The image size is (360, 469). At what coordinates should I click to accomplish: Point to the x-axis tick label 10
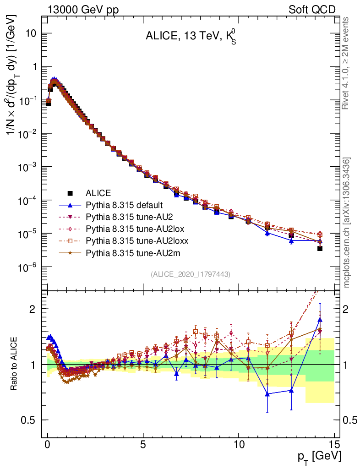[x=239, y=445]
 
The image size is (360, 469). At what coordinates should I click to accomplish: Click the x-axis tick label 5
[x=143, y=445]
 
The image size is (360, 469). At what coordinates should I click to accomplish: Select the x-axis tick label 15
[x=334, y=445]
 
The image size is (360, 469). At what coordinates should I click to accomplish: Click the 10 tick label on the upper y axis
[x=31, y=33]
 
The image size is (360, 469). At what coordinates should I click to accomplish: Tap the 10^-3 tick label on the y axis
[x=27, y=167]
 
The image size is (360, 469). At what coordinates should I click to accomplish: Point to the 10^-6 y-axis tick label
[x=27, y=267]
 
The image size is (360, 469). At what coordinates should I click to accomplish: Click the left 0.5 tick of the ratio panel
[x=30, y=420]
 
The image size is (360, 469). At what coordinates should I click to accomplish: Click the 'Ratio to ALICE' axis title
[x=15, y=365]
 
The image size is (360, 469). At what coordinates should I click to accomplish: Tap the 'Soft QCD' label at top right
[x=312, y=9]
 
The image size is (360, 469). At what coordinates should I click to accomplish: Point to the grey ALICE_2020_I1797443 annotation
[x=190, y=274]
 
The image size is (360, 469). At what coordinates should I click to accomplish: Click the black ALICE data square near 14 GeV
[x=320, y=248]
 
